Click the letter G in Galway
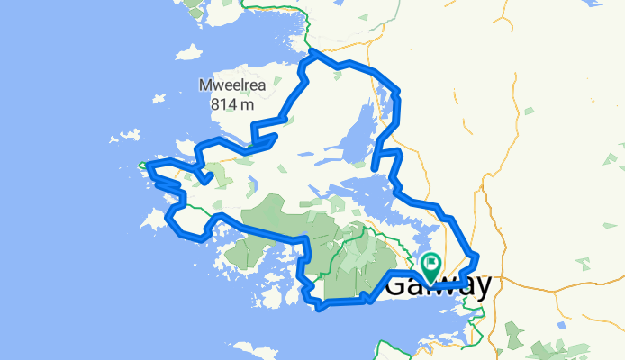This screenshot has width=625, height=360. (397, 286)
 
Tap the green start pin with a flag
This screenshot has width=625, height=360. (430, 266)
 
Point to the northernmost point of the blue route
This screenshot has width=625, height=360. (314, 52)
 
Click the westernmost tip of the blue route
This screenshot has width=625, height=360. (142, 165)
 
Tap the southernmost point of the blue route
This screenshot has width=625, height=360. (320, 308)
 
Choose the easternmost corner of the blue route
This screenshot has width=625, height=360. (476, 256)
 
